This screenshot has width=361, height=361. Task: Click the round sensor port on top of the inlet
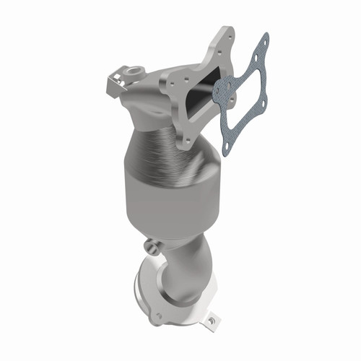[135, 72]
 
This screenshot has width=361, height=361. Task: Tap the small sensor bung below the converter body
[149, 246]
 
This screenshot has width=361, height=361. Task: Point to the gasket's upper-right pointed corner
[266, 36]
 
